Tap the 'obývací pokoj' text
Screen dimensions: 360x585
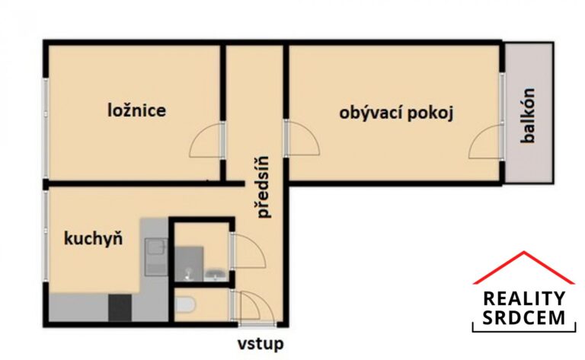click(x=396, y=114)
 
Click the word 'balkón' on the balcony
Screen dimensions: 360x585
click(x=527, y=117)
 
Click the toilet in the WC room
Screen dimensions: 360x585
click(x=184, y=306)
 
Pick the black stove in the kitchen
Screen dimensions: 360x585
click(x=120, y=307)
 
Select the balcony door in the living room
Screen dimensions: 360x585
click(x=485, y=143)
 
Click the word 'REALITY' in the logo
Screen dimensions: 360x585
click(x=524, y=298)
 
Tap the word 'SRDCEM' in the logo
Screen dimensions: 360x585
click(x=524, y=319)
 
